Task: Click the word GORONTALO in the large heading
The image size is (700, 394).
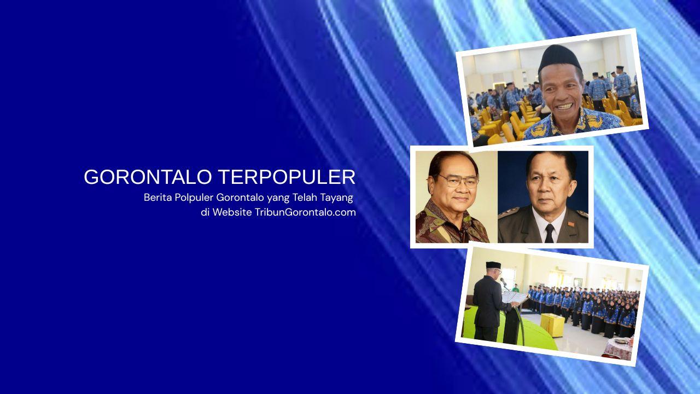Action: pyautogui.click(x=148, y=177)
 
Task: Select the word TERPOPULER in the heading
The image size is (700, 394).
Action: pyautogui.click(x=287, y=177)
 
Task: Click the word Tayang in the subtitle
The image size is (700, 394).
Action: pyautogui.click(x=336, y=197)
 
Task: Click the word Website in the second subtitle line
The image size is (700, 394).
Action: pyautogui.click(x=232, y=212)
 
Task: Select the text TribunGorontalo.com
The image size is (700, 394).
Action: pyautogui.click(x=305, y=212)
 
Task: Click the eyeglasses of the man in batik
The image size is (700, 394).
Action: pyautogui.click(x=458, y=181)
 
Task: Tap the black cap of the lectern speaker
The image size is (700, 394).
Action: pyautogui.click(x=493, y=265)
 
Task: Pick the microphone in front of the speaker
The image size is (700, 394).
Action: pyautogui.click(x=503, y=281)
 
